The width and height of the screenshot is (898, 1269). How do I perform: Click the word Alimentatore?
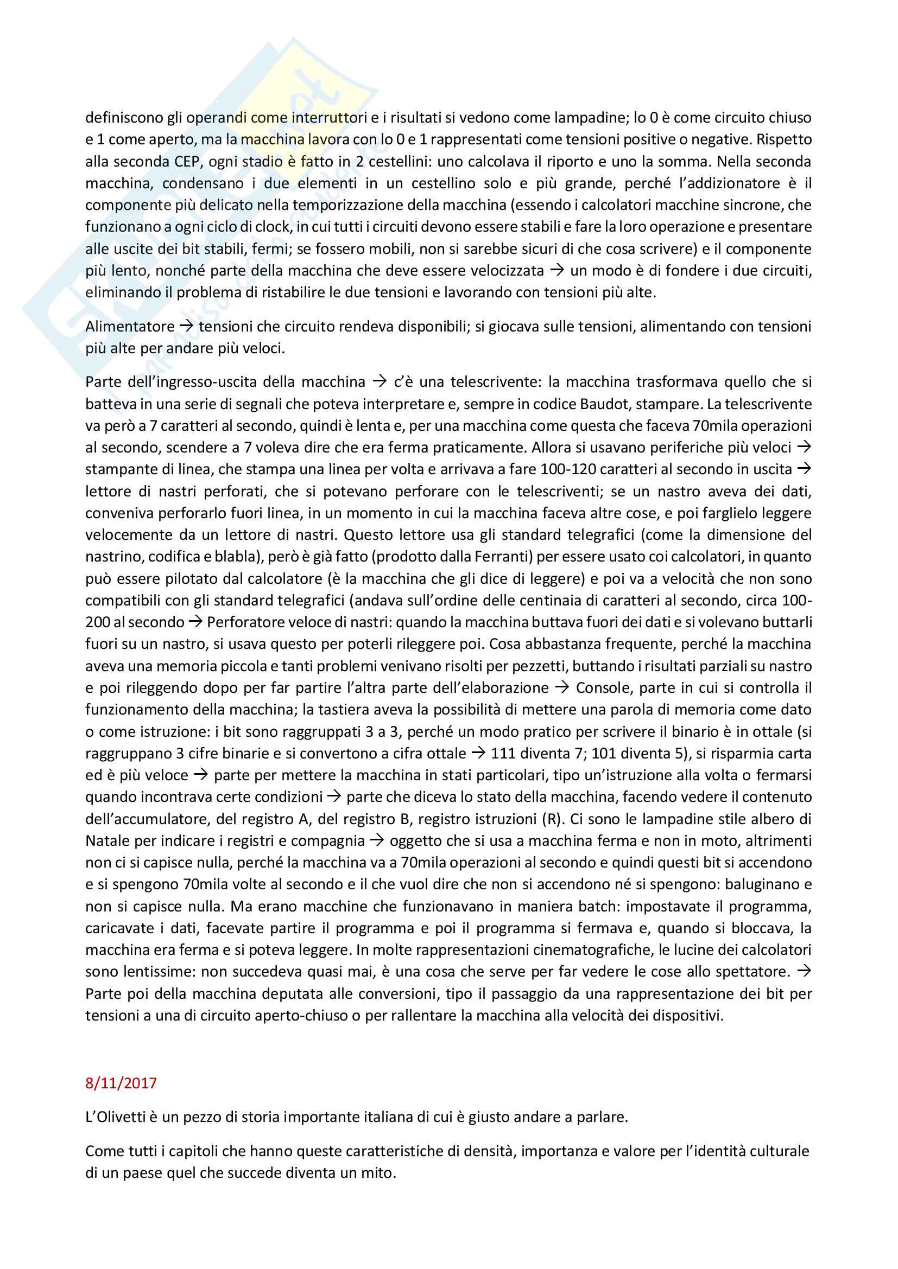(130, 327)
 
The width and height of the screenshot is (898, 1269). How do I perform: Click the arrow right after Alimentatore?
(186, 327)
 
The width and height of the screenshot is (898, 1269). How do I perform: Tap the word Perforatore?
(241, 622)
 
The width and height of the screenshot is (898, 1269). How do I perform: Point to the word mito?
(381, 1173)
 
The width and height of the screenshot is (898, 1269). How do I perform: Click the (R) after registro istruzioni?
(552, 819)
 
